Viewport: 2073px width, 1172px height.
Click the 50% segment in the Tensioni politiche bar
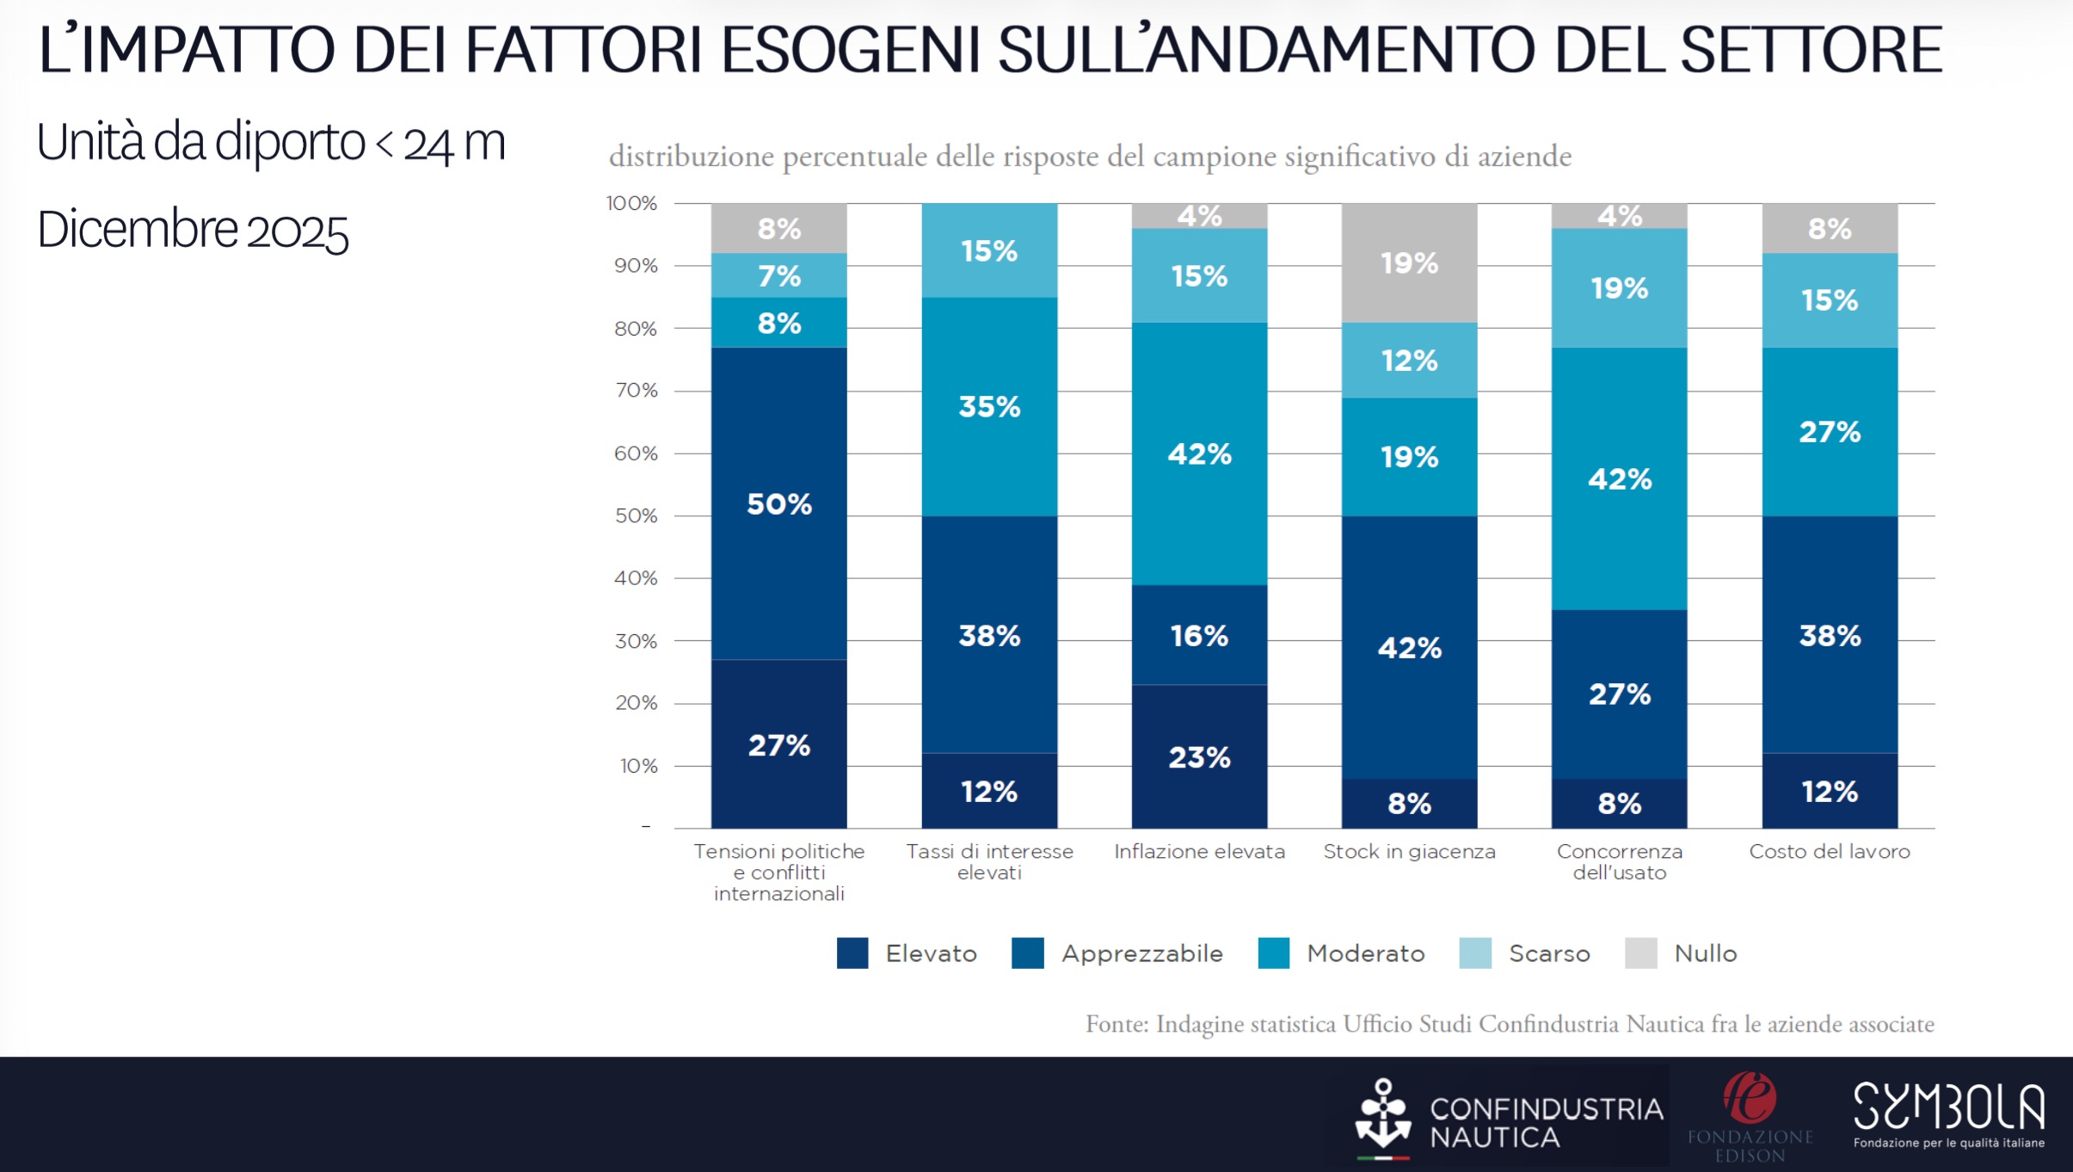point(778,503)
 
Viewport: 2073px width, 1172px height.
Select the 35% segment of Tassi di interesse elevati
point(989,406)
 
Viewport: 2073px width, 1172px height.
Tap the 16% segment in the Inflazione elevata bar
point(1199,635)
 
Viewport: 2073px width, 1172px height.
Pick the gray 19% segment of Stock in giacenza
point(1409,262)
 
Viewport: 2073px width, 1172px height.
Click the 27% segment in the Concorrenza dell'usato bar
point(1619,694)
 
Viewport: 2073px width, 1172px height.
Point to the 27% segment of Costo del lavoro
point(1830,431)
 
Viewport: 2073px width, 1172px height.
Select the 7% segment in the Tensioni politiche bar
point(778,275)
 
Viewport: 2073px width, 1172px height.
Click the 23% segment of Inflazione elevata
point(1199,756)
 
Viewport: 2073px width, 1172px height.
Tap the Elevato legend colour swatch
point(852,953)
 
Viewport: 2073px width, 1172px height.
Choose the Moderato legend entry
point(1365,953)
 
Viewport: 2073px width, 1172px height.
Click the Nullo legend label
point(1705,953)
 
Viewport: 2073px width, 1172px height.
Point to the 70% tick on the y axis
point(636,391)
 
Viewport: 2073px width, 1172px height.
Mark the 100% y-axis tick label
point(631,203)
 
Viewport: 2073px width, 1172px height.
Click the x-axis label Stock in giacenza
point(1409,851)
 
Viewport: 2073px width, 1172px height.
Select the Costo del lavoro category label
point(1830,851)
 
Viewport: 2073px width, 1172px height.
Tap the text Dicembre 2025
point(193,230)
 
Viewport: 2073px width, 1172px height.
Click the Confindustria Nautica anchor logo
point(1383,1117)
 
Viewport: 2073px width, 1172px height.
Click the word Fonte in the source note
point(1116,1024)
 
